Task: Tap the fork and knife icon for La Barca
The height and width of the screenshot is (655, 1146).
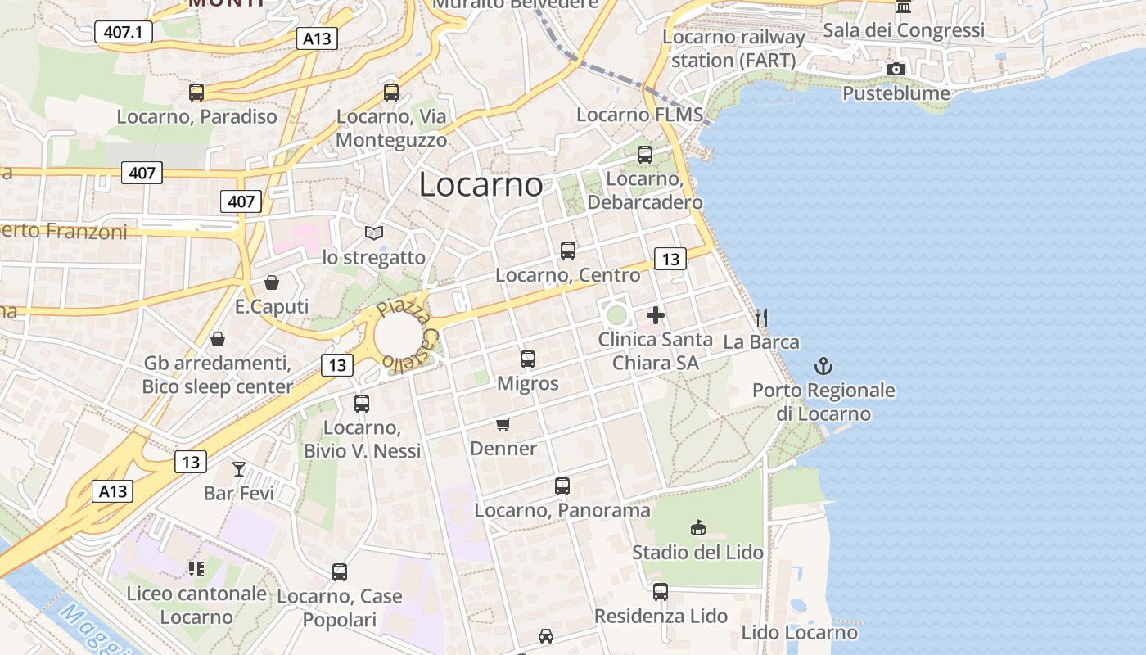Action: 761,318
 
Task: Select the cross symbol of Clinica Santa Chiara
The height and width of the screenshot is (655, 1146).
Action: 656,314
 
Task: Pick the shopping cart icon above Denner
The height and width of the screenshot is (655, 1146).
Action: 503,424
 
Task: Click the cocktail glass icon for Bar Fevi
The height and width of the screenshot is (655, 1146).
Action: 238,469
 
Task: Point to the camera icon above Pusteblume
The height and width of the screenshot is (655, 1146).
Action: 896,69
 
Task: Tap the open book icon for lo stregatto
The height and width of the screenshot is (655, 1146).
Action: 374,233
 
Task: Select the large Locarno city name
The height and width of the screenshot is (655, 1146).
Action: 481,185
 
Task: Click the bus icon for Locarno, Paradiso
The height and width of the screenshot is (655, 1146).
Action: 196,93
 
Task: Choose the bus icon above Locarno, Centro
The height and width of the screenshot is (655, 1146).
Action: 568,251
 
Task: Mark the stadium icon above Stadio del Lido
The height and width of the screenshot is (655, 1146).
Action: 698,527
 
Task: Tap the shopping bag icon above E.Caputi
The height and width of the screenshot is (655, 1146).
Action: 272,282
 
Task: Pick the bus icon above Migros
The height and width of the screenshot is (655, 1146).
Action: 528,359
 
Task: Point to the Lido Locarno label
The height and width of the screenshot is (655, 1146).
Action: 799,632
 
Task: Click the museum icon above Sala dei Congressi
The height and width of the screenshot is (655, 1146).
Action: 904,7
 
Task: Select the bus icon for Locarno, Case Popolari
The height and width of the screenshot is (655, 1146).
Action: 340,571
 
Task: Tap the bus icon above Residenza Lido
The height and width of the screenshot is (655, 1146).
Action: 661,591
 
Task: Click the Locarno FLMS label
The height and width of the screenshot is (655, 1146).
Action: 639,115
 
